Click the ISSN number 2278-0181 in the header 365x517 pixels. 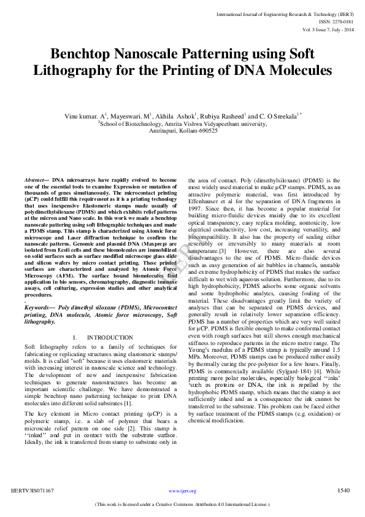[x=341, y=21]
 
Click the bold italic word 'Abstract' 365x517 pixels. [x=36, y=179]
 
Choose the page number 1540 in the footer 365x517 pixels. [x=344, y=490]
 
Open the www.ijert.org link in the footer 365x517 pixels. [x=182, y=491]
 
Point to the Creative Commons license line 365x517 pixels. [x=182, y=504]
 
